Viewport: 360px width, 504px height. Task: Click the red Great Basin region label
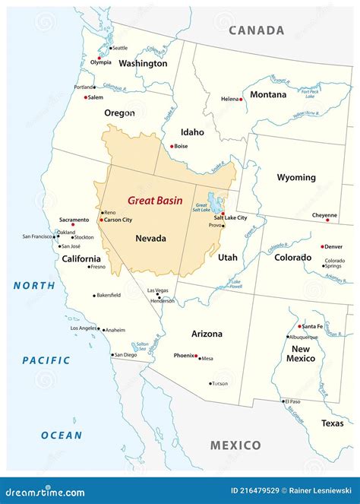tap(155, 201)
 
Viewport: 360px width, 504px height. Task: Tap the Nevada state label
tap(150, 238)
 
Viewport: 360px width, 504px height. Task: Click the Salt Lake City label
tap(230, 217)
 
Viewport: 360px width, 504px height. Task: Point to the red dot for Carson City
tap(100, 220)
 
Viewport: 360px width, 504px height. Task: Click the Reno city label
tap(110, 212)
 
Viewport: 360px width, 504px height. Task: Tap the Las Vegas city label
tap(158, 290)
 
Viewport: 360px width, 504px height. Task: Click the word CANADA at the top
tap(257, 31)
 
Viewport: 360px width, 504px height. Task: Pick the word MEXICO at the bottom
tap(235, 445)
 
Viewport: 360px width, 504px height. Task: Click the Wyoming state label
tap(296, 177)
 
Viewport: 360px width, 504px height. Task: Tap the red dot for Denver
tap(322, 246)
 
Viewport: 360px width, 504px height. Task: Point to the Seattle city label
tap(119, 48)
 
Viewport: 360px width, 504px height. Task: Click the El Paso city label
tap(292, 401)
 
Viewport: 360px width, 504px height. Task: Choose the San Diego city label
tap(125, 354)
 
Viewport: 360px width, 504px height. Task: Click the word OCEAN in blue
tap(61, 436)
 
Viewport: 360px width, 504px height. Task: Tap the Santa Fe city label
tap(312, 326)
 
